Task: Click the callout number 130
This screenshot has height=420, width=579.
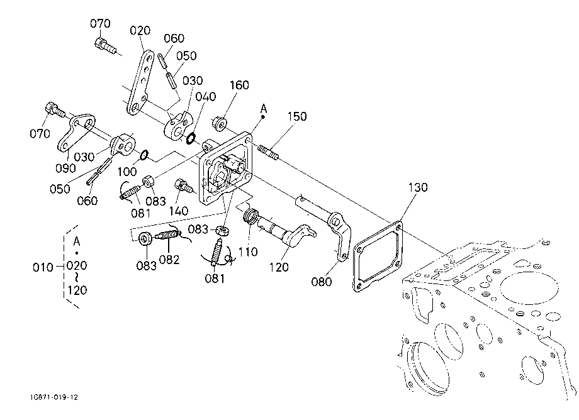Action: (418, 187)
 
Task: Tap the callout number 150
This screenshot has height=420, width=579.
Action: (297, 116)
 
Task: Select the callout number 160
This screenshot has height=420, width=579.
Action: (239, 85)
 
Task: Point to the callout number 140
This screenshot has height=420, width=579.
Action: (179, 211)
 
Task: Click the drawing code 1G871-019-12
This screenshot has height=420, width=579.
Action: (55, 397)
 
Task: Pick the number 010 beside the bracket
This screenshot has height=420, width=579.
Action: (43, 267)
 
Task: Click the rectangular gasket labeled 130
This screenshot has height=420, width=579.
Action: (378, 257)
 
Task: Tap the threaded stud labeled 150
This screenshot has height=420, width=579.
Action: (268, 152)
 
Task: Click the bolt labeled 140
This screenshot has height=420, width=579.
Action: (184, 186)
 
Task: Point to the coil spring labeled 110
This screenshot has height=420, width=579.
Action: (250, 216)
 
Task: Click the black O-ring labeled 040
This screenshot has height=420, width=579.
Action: (191, 139)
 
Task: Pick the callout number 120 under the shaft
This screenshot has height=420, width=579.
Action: (279, 267)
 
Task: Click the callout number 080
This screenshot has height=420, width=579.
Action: (321, 282)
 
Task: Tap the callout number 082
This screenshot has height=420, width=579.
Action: (169, 260)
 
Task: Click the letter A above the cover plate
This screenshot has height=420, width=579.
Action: (263, 109)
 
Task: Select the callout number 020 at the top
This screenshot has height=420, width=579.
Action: (140, 30)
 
